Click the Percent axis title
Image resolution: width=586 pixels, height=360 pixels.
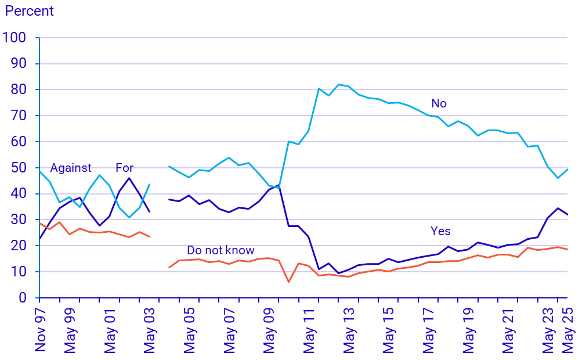point(29,11)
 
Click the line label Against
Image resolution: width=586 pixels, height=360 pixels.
point(71,168)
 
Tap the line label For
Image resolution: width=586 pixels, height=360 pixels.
point(124,168)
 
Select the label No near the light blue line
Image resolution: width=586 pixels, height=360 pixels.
point(439,103)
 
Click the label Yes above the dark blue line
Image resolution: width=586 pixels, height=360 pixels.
point(440,231)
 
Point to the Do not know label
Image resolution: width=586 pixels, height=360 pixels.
point(220,250)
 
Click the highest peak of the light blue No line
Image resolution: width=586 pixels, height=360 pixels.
point(338,84)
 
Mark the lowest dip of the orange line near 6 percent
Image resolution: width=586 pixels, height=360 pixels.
point(288,282)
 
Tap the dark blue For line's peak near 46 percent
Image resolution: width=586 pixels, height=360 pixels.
point(129,178)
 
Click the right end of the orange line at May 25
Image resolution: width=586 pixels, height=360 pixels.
point(567,250)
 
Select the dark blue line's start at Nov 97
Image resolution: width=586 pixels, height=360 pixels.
point(39,238)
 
